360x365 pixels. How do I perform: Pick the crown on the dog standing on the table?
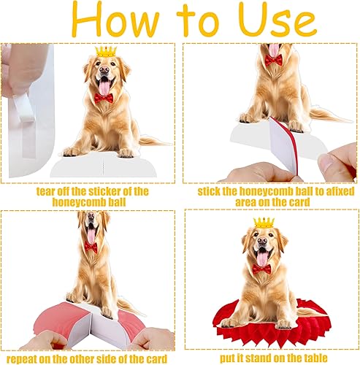(x=263, y=222)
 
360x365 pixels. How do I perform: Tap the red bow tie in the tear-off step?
(x=103, y=96)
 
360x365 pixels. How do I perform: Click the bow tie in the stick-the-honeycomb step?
(x=274, y=59)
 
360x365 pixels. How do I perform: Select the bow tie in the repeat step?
(x=90, y=247)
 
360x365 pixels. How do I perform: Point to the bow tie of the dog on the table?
(x=262, y=269)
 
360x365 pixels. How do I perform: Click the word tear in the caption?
(x=47, y=191)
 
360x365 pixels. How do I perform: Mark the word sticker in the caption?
(x=111, y=191)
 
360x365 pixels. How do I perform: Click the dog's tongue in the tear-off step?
(x=104, y=86)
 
